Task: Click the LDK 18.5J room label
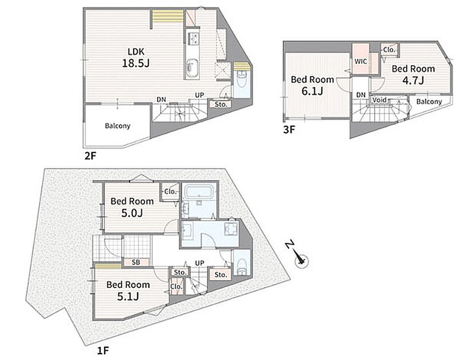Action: click(x=136, y=58)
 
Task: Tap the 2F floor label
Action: click(x=90, y=156)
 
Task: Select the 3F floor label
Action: click(x=289, y=130)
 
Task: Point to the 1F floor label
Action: click(x=103, y=350)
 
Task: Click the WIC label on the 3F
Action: click(x=361, y=62)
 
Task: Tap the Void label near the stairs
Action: click(x=379, y=100)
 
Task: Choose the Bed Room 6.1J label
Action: click(x=313, y=85)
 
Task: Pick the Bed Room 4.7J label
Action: click(x=413, y=74)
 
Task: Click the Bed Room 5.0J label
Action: click(x=132, y=207)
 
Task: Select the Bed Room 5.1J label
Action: click(x=128, y=290)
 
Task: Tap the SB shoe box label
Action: click(x=136, y=262)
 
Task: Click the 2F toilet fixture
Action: click(x=242, y=79)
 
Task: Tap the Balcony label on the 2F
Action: click(x=117, y=126)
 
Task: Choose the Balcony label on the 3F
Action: click(x=429, y=102)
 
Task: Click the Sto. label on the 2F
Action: click(x=221, y=104)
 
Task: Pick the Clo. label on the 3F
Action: click(x=389, y=50)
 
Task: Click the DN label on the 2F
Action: click(x=161, y=100)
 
